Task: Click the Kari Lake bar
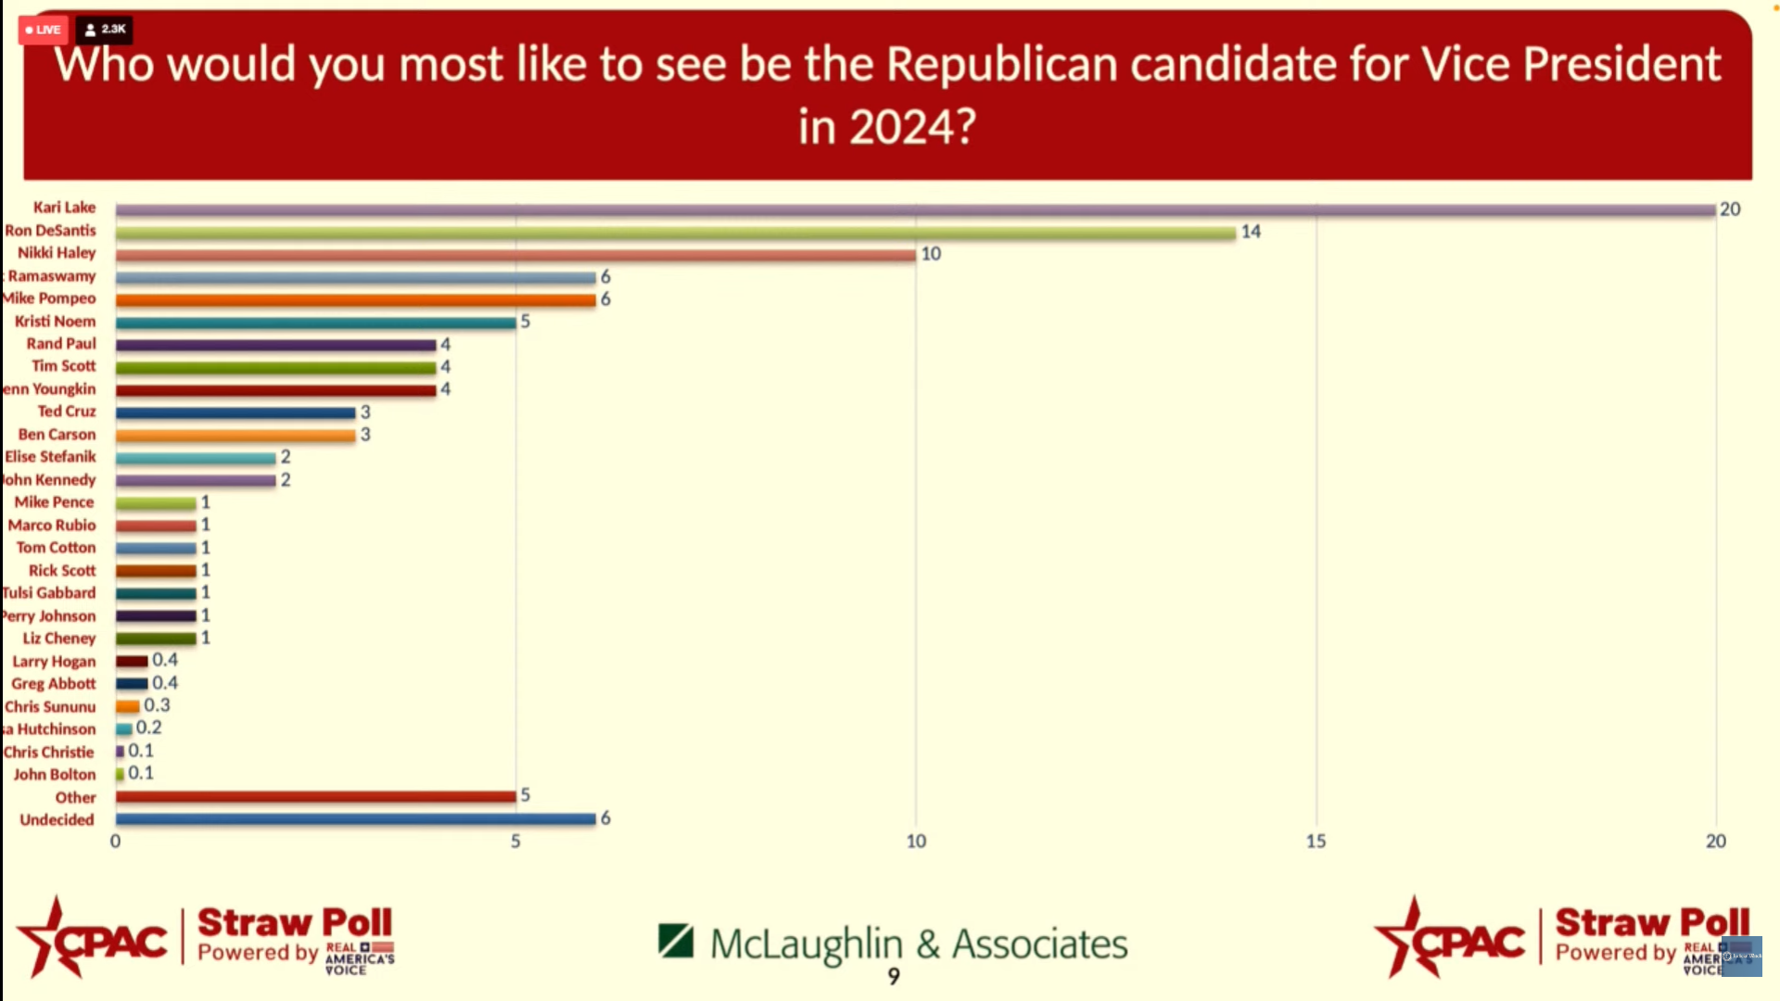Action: [x=915, y=210]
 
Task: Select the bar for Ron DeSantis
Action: [x=675, y=233]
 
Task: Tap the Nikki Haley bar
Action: [x=515, y=255]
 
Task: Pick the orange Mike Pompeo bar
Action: [x=355, y=300]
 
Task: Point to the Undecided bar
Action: [x=355, y=819]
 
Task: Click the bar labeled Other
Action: [x=315, y=796]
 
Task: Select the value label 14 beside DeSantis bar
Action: [x=1251, y=232]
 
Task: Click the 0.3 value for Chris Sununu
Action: [x=157, y=705]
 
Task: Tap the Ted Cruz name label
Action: [x=67, y=412]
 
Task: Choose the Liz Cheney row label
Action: [x=59, y=639]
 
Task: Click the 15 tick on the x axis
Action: [x=1316, y=842]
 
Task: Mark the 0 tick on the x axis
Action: [x=115, y=842]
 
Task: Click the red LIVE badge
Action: [x=43, y=30]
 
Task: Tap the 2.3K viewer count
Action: [x=105, y=30]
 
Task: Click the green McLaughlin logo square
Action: [x=676, y=941]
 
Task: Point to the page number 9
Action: [x=894, y=976]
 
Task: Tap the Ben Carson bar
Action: [x=235, y=436]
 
